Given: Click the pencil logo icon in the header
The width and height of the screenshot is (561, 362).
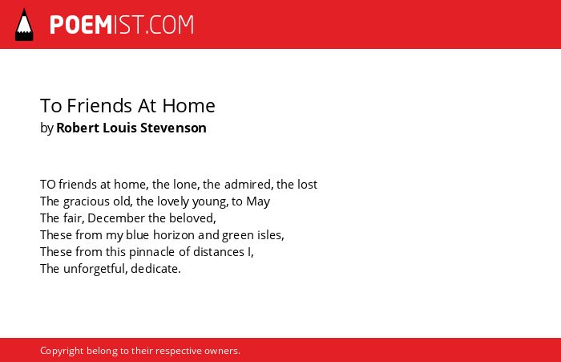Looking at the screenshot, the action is pyautogui.click(x=24, y=25).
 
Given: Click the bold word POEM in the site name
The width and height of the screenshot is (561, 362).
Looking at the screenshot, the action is pyautogui.click(x=81, y=25).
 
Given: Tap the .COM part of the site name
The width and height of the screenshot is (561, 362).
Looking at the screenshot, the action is pyautogui.click(x=169, y=25).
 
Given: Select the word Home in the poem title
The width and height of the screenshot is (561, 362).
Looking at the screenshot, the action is pyautogui.click(x=188, y=106).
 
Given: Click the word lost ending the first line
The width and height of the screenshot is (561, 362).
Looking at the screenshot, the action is pyautogui.click(x=307, y=185).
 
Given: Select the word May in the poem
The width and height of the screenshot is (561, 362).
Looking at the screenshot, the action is pyautogui.click(x=258, y=201).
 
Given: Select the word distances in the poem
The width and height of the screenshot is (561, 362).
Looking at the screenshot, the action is pyautogui.click(x=219, y=252).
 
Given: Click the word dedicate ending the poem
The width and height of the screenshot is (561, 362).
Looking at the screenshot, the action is pyautogui.click(x=155, y=269).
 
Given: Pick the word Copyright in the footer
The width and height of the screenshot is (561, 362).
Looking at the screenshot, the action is pyautogui.click(x=62, y=351).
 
